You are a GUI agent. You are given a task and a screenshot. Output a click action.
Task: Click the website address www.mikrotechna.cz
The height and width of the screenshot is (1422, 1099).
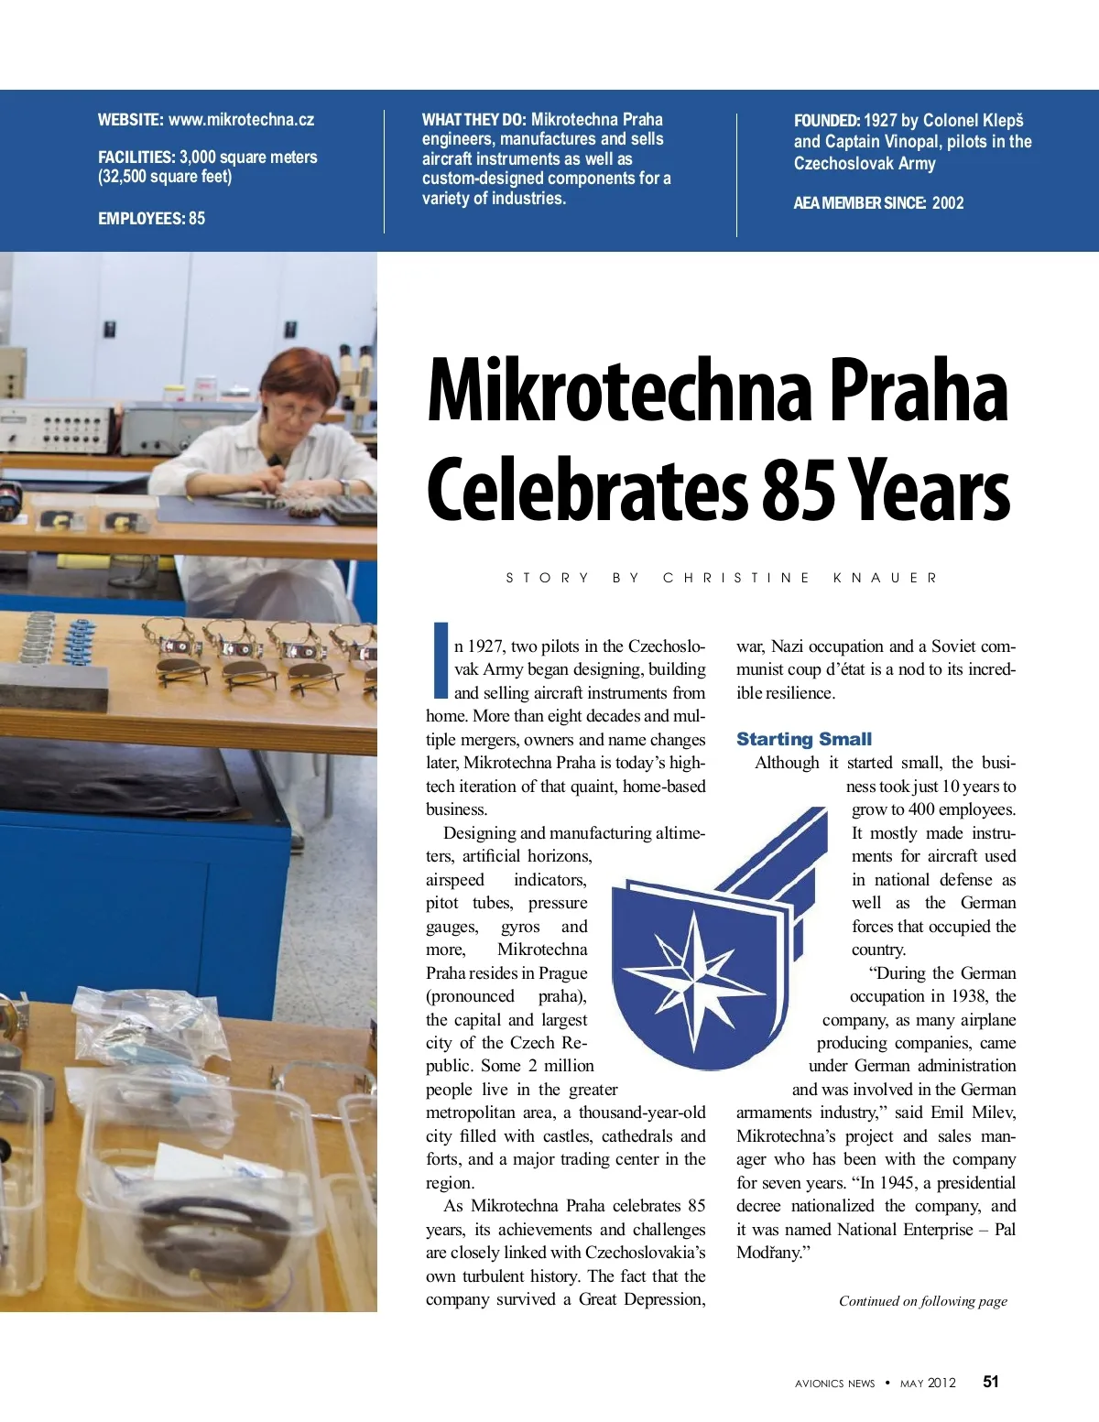(x=241, y=120)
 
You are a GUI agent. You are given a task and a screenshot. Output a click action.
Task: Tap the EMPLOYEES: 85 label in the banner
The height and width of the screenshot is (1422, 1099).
(x=152, y=218)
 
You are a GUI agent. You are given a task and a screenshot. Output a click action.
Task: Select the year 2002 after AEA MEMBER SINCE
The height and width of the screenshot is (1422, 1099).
(x=948, y=203)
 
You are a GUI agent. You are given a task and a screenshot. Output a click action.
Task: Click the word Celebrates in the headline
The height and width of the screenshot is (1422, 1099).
(x=587, y=491)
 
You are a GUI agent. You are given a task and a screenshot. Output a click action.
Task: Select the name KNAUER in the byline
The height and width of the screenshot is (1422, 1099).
(x=886, y=578)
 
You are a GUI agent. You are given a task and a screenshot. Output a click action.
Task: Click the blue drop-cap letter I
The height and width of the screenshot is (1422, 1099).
(x=440, y=659)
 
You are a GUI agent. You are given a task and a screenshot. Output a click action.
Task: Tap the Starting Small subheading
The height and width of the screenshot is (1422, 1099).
(x=804, y=739)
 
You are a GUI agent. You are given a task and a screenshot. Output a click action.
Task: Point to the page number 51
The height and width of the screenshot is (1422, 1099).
(x=991, y=1382)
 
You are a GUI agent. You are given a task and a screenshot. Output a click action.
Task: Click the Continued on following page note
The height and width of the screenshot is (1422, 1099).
(x=922, y=1301)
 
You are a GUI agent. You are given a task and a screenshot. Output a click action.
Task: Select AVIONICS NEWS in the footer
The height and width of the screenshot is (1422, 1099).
(x=834, y=1384)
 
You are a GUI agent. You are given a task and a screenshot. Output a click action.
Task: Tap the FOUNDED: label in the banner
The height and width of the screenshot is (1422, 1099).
(x=826, y=121)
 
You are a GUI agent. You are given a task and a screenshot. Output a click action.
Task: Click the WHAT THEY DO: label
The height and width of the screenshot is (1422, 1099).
(x=473, y=120)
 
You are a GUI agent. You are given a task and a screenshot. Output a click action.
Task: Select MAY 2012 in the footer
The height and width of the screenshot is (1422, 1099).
(x=928, y=1384)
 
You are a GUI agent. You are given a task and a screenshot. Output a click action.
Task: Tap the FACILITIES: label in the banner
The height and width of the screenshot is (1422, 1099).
(x=136, y=157)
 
